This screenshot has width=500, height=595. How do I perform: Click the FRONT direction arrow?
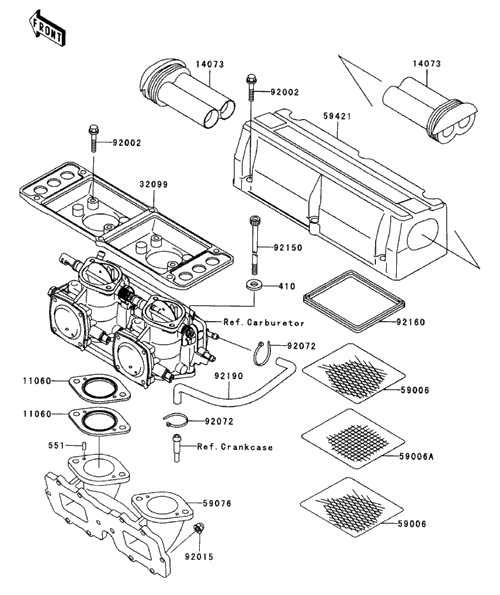(x=47, y=29)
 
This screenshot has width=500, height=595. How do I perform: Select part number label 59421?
(x=337, y=116)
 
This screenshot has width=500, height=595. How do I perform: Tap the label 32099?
(x=153, y=184)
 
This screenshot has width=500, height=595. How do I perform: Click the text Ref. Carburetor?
(x=264, y=323)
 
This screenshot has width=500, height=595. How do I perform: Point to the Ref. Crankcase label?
(x=235, y=447)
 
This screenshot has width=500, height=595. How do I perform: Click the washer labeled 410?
(x=253, y=285)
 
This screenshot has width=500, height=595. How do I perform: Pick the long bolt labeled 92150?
(x=255, y=244)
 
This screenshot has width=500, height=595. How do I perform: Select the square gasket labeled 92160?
(x=355, y=299)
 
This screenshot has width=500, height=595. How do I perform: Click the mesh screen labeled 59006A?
(x=353, y=439)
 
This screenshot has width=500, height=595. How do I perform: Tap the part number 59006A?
(x=416, y=456)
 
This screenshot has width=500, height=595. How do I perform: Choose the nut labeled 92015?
(x=198, y=527)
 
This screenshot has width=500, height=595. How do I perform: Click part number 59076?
(x=217, y=503)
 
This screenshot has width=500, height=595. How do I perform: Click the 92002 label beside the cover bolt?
(x=285, y=92)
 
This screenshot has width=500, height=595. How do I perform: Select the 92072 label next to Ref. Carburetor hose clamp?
(x=301, y=346)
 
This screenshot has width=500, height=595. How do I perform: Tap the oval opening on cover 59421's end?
(x=423, y=235)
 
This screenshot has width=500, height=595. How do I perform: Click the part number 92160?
(x=411, y=322)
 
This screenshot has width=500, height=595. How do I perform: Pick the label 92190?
(x=228, y=376)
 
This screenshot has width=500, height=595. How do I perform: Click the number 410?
(x=287, y=286)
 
